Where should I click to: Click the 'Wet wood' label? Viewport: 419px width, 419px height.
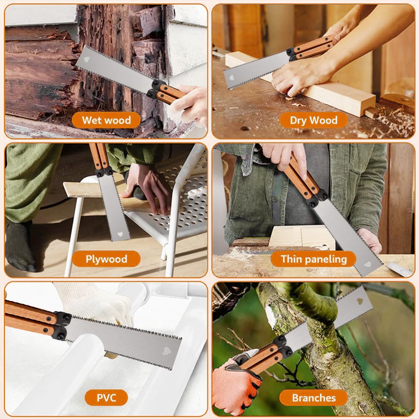pyautogui.click(x=106, y=120)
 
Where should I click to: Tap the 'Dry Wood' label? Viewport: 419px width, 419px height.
pyautogui.click(x=313, y=120)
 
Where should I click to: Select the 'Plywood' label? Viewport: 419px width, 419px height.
pyautogui.click(x=106, y=259)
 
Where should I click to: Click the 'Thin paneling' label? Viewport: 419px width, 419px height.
pyautogui.click(x=313, y=259)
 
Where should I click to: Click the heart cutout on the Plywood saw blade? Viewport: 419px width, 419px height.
pyautogui.click(x=120, y=235)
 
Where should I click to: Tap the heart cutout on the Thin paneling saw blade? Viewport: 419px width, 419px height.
pyautogui.click(x=367, y=264)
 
